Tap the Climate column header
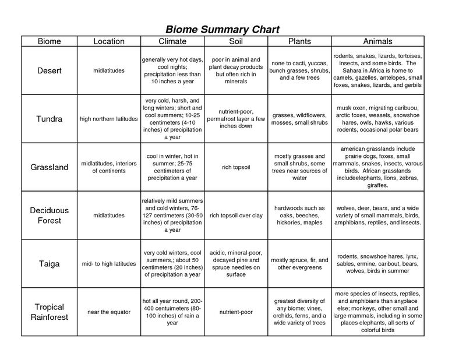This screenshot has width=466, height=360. (x=172, y=41)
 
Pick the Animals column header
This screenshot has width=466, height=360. (x=377, y=41)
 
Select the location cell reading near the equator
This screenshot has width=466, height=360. (x=109, y=312)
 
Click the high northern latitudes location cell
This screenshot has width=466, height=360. (x=109, y=119)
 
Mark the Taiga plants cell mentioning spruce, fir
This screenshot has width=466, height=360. (x=300, y=264)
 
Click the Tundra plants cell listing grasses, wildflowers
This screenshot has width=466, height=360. (x=300, y=119)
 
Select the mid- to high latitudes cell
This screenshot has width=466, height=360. (x=109, y=264)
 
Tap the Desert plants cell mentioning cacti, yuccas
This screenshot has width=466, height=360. (x=300, y=70)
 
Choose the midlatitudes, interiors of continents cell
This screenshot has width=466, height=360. (x=109, y=167)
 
